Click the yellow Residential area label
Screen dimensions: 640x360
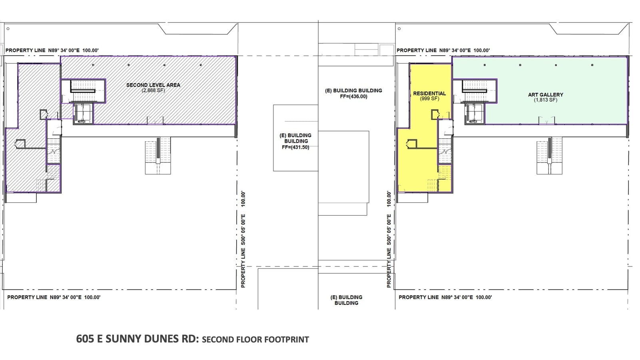point(429,94)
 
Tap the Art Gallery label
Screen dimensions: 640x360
point(545,95)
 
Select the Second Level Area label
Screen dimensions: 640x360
point(153,85)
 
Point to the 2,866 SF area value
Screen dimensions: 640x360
point(153,91)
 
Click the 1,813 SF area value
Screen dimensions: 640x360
point(545,100)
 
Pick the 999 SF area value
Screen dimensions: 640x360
point(429,99)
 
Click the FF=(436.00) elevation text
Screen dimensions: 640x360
point(353,97)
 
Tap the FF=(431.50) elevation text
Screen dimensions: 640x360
point(295,148)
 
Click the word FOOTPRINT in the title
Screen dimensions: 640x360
point(287,340)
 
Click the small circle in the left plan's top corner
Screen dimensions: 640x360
point(8,28)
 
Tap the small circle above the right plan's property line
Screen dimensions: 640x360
point(399,28)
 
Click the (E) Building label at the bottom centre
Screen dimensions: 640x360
point(346,300)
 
